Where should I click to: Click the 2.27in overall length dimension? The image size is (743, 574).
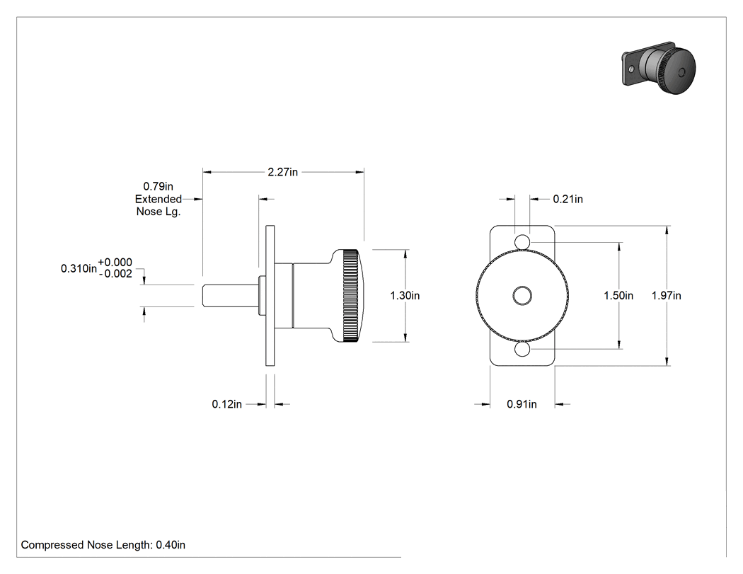(x=283, y=172)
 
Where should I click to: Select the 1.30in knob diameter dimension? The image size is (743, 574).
(x=405, y=295)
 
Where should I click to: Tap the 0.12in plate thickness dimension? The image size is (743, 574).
(x=226, y=404)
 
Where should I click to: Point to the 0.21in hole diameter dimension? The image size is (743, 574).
(x=568, y=199)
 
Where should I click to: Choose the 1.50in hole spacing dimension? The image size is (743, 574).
(x=618, y=295)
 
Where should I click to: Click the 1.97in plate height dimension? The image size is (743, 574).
(x=667, y=295)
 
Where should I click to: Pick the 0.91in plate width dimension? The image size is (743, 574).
(x=522, y=404)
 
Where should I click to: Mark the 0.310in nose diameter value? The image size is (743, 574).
(x=79, y=269)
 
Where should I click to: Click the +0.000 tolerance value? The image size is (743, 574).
(x=115, y=263)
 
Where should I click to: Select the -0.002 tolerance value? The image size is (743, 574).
(x=115, y=274)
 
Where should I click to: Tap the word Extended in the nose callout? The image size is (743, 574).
(x=159, y=199)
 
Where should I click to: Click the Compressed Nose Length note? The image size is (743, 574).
(x=103, y=545)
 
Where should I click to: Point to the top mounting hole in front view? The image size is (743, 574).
(x=522, y=242)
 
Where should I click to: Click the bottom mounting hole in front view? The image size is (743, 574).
(x=522, y=350)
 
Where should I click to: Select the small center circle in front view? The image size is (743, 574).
(x=522, y=296)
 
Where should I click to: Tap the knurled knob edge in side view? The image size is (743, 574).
(x=350, y=295)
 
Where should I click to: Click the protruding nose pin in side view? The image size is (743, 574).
(x=231, y=296)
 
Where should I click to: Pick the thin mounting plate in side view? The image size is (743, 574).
(x=270, y=296)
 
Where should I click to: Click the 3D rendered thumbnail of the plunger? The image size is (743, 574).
(x=659, y=68)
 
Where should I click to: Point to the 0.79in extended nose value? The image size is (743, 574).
(x=159, y=187)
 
